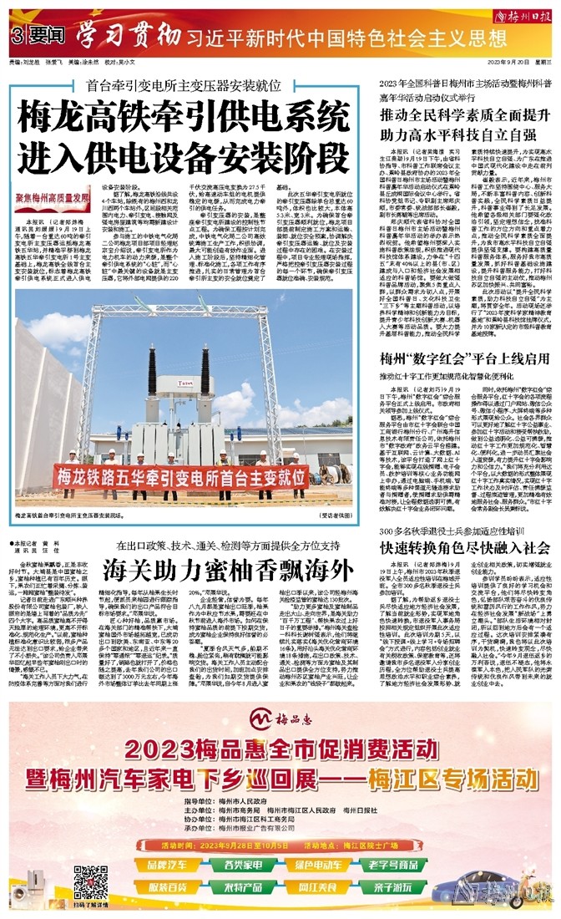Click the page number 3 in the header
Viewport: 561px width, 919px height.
(16, 38)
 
